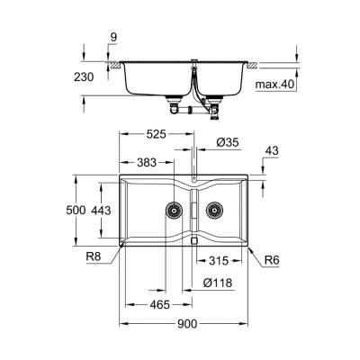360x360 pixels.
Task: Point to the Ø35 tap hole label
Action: coord(227,141)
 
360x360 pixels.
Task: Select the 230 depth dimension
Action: coord(83,78)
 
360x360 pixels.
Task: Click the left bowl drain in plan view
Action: coord(169,212)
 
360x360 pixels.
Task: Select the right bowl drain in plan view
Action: coord(213,212)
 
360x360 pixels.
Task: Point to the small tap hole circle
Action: coord(194,179)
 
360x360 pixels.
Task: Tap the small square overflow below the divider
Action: coord(194,241)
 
